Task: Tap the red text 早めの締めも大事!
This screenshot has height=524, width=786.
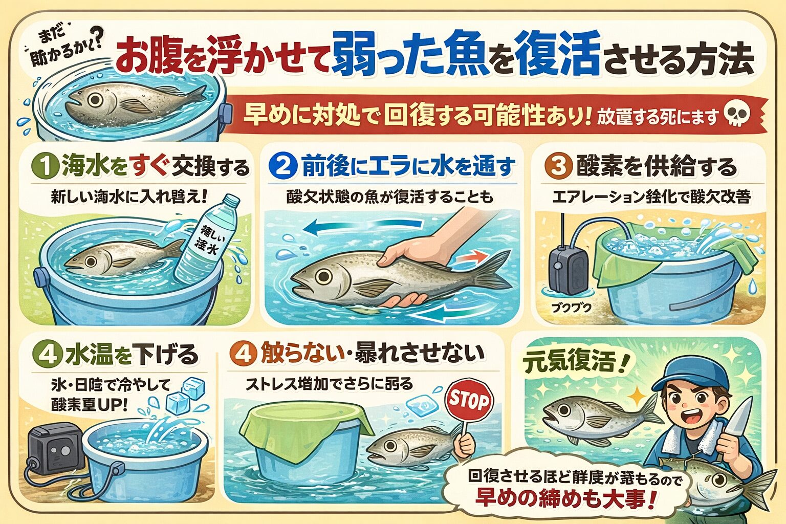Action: pyautogui.click(x=565, y=498)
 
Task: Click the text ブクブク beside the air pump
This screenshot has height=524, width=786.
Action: pyautogui.click(x=571, y=308)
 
